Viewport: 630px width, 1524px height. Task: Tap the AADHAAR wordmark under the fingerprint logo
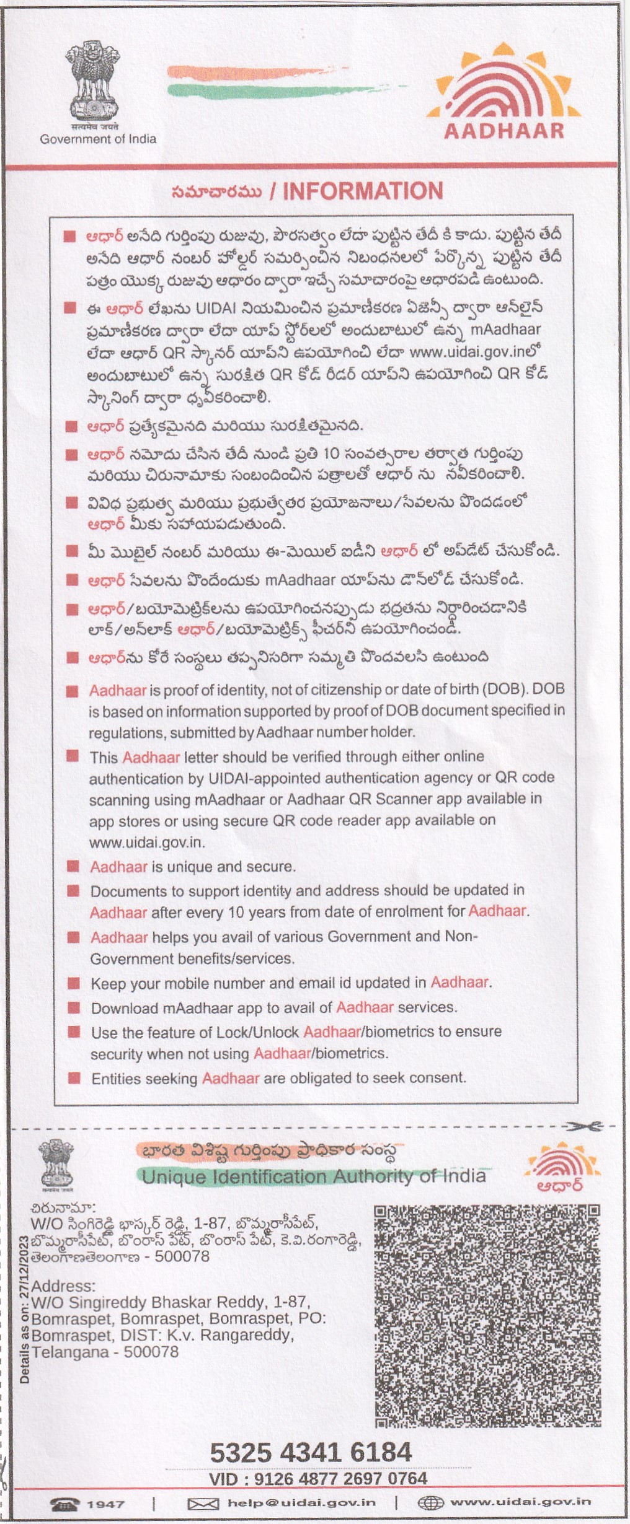click(504, 131)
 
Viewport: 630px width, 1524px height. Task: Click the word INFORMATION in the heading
click(363, 191)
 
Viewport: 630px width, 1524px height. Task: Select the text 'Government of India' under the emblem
click(98, 139)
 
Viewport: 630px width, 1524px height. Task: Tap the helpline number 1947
click(105, 1504)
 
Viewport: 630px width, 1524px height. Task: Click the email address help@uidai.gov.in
click(301, 1503)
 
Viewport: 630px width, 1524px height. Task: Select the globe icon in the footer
click(430, 1503)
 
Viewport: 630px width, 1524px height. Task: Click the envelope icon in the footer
click(203, 1504)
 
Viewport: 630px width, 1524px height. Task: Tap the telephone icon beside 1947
click(65, 1504)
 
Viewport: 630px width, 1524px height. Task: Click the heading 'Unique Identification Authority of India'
click(313, 1176)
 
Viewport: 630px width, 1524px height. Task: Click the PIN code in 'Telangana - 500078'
click(151, 1352)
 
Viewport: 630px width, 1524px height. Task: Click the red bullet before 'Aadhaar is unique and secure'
click(73, 866)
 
